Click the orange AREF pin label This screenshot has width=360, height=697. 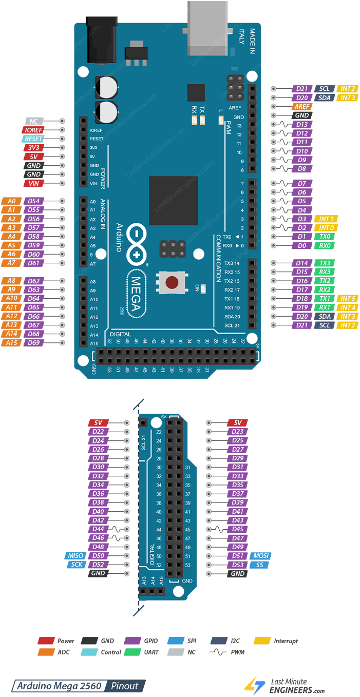coord(302,107)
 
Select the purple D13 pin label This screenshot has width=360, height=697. coord(302,124)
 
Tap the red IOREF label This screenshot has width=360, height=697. coord(33,130)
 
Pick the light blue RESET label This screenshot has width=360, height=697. coord(33,139)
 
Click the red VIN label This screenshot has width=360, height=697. coord(33,183)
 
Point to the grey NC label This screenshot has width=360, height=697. coord(33,122)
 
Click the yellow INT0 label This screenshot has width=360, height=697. coord(327,228)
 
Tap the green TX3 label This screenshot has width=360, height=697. coord(325,263)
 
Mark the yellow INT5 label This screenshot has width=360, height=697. coord(348,299)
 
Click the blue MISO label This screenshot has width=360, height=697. coord(74,556)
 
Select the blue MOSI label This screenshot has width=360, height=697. coord(260,556)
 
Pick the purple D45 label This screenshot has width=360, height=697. coord(237,529)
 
